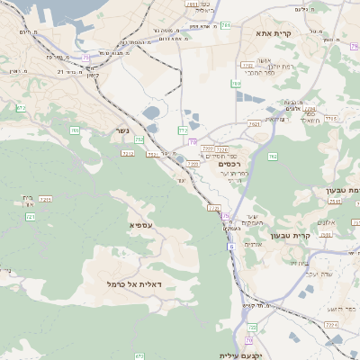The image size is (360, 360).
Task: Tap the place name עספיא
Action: [x=141, y=224]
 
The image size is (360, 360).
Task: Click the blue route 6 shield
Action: [x=230, y=246]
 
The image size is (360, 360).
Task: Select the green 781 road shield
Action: [x=225, y=25]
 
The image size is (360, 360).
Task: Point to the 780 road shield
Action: [x=236, y=85]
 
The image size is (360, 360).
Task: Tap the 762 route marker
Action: [x=273, y=157]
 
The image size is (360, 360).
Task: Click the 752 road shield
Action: [x=139, y=139]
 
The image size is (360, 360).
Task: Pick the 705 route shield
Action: [x=74, y=130]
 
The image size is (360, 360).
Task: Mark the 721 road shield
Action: [x=31, y=217]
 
